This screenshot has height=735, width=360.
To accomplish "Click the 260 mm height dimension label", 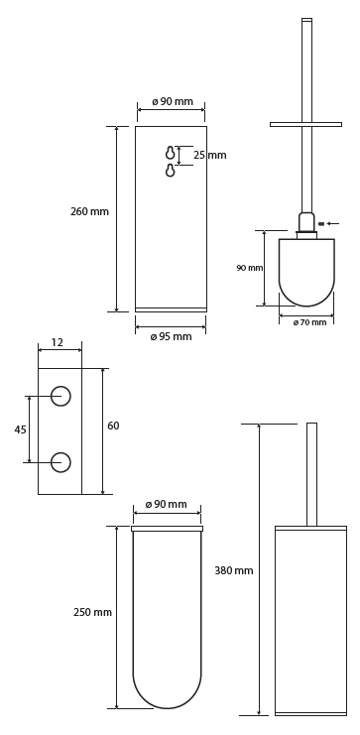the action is pos(89,211).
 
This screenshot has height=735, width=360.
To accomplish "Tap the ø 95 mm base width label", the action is pos(172,336).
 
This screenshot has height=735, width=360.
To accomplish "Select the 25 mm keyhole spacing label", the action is pos(210,155).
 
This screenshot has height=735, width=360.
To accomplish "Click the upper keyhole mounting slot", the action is pos(171,153).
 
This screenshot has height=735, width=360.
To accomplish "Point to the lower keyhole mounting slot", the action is pos(171,171).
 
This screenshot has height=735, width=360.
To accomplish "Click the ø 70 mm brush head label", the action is pos(309,322).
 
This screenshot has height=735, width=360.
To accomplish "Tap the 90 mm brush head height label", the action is pos(249,268).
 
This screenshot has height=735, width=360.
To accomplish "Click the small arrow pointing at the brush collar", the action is pos(333,223).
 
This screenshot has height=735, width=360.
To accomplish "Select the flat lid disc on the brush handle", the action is pos(305,124).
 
